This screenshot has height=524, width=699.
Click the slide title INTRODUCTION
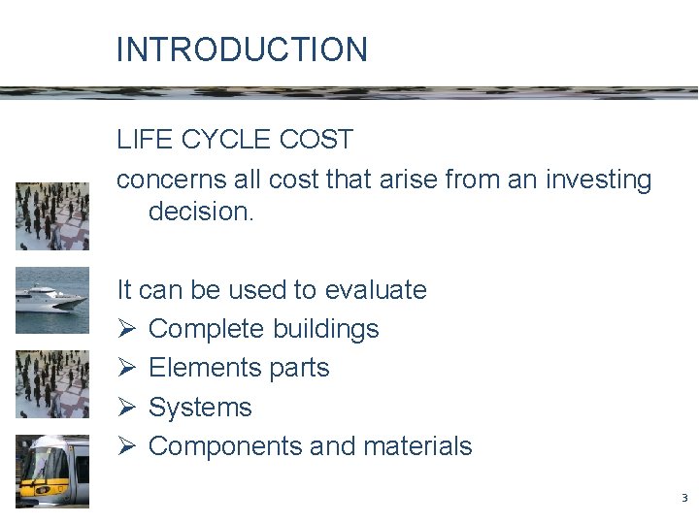pyautogui.click(x=242, y=49)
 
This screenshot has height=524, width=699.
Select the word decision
pyautogui.click(x=201, y=212)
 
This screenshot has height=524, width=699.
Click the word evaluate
pyautogui.click(x=376, y=290)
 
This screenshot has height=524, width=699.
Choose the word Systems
pyautogui.click(x=200, y=408)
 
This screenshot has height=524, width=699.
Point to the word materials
pyautogui.click(x=417, y=446)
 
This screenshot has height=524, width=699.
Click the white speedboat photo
pyautogui.click(x=52, y=300)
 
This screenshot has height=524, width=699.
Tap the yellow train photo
pyautogui.click(x=52, y=471)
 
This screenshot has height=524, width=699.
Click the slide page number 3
pyautogui.click(x=683, y=499)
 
